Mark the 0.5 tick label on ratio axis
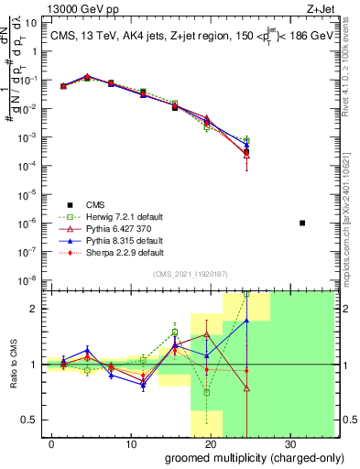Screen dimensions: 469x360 coord(27,420)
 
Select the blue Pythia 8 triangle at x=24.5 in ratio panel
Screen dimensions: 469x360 coord(246,321)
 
